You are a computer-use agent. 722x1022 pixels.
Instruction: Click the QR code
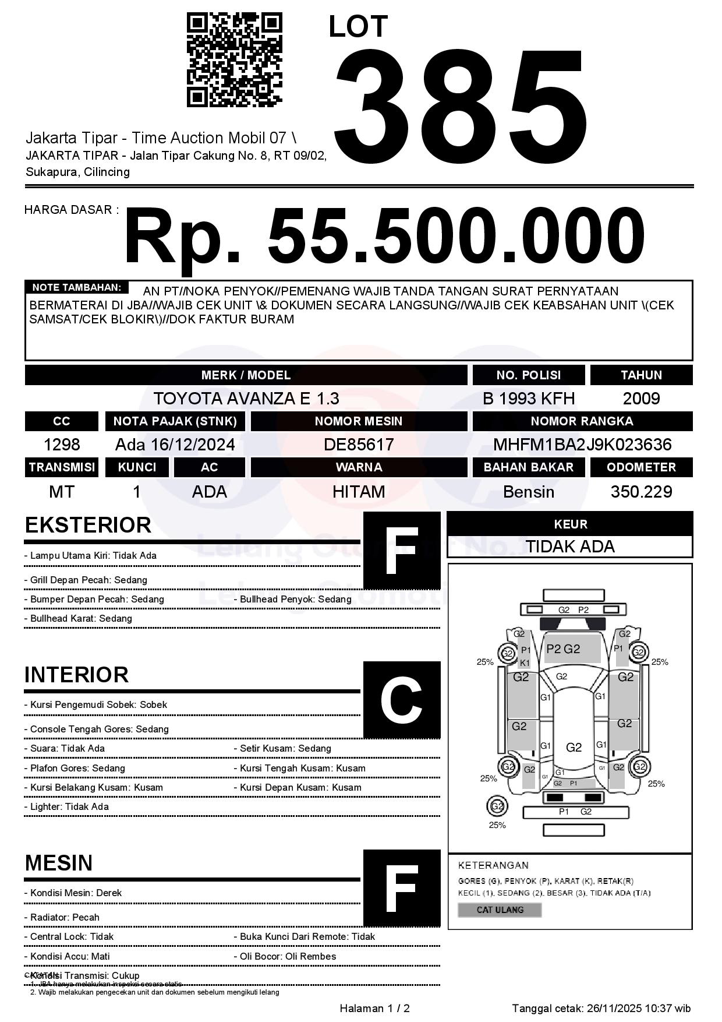234,60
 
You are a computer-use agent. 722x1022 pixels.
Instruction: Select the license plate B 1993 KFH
528,399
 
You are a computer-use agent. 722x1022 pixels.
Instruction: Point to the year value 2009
641,399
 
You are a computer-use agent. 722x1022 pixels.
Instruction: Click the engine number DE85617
359,445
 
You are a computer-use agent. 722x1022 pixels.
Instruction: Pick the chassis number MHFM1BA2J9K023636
582,445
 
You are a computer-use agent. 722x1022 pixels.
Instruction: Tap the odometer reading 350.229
641,492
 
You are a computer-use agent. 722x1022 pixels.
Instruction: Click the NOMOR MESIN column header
359,421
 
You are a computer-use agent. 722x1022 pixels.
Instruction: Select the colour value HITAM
359,492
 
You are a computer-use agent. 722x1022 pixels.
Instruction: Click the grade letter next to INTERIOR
402,699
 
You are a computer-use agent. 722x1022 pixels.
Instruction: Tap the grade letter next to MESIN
402,888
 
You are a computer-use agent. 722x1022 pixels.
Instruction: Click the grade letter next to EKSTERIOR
402,550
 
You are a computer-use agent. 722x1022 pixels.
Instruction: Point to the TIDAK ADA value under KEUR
570,547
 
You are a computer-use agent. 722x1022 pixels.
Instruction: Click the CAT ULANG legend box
500,910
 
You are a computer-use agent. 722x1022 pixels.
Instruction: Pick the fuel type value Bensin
528,492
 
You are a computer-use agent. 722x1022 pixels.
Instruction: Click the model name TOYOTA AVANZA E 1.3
246,399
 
